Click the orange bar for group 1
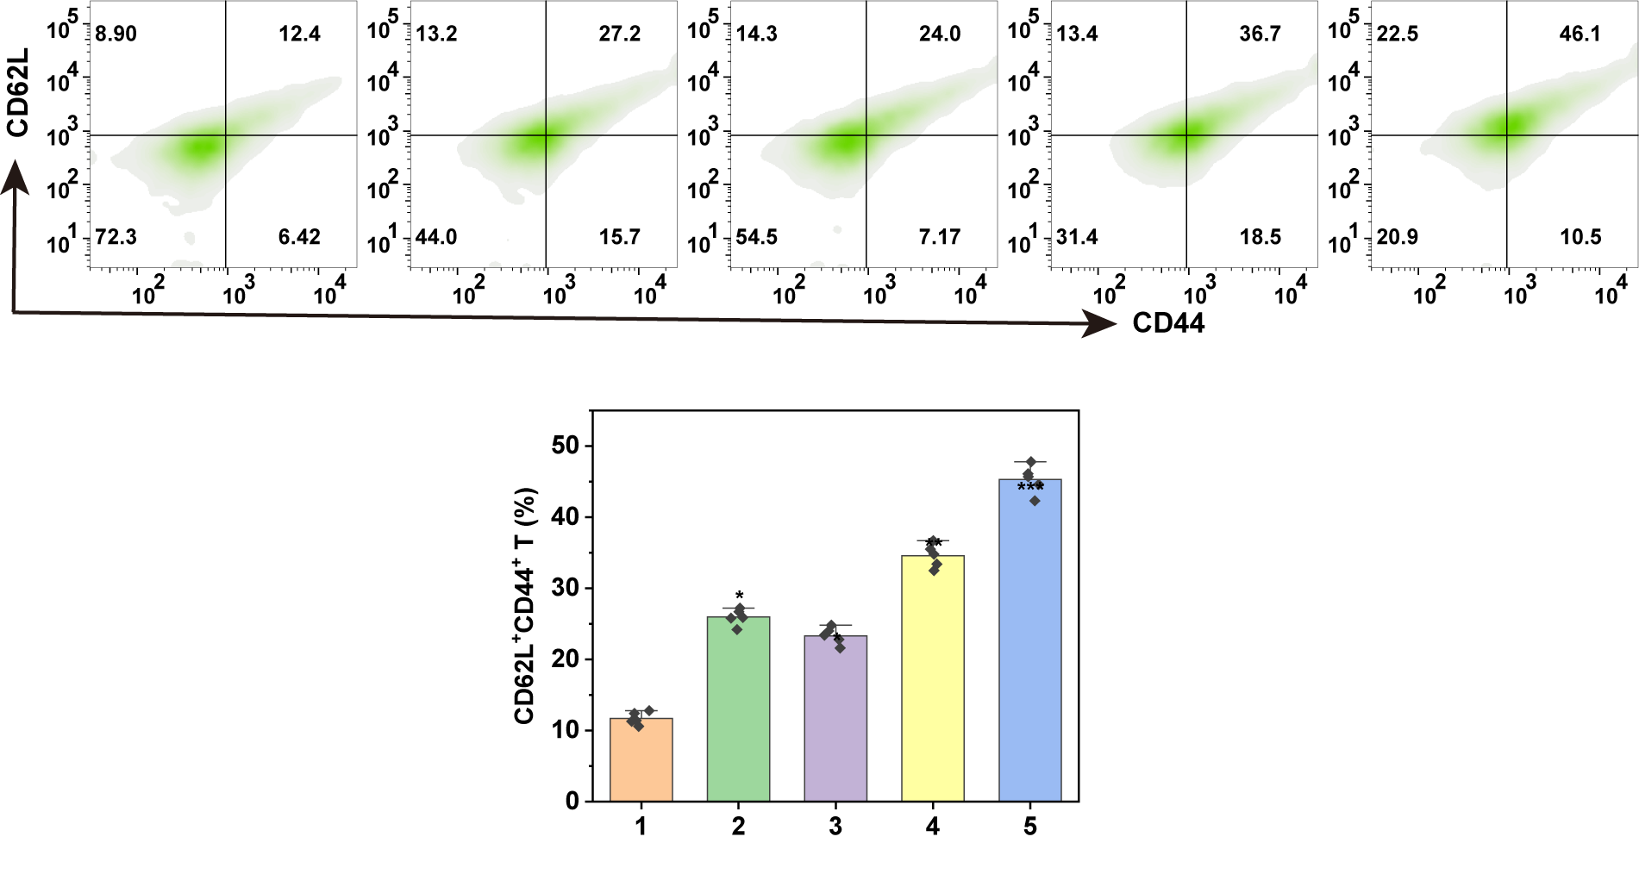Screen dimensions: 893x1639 pos(641,759)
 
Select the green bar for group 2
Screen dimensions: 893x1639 pos(738,709)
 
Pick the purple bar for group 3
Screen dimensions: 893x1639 pos(835,718)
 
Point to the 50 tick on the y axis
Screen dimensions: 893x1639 pos(566,446)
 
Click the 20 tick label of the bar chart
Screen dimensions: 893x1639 pos(566,659)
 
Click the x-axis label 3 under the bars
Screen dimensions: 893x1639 pos(835,827)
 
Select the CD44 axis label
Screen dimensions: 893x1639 pos(1168,323)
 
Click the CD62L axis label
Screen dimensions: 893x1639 pos(18,92)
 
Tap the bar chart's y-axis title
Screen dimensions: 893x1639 pos(525,606)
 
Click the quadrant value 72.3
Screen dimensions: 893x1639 pos(116,237)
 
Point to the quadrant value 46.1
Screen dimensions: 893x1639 pos(1580,34)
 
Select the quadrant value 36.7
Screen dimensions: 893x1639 pos(1260,34)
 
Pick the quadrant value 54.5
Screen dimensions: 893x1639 pos(757,237)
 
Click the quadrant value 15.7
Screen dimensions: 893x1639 pos(620,237)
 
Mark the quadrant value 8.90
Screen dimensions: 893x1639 pos(116,34)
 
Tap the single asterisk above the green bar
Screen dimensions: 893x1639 pos(739,596)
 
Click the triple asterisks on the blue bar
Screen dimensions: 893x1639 pos(1030,489)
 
